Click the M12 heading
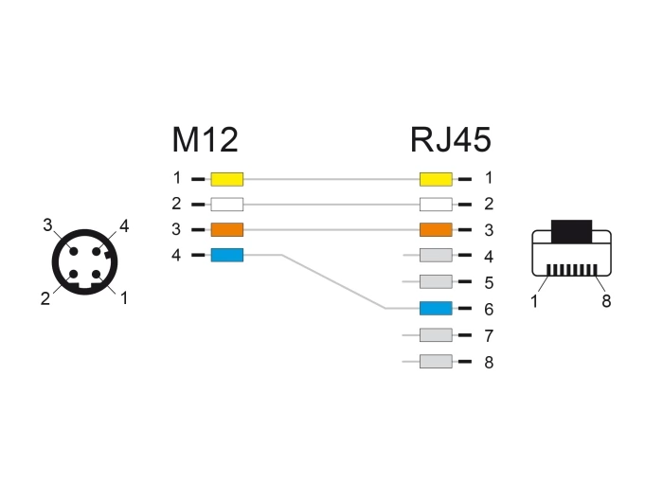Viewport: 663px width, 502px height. pyautogui.click(x=204, y=140)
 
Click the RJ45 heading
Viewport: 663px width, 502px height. pyautogui.click(x=450, y=140)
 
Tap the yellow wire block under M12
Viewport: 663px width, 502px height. pyautogui.click(x=227, y=177)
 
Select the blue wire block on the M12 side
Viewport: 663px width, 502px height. pyautogui.click(x=227, y=255)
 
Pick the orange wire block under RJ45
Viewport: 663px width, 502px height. pyautogui.click(x=435, y=229)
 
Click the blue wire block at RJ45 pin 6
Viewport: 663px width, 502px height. pyautogui.click(x=435, y=309)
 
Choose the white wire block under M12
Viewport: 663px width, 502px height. pyautogui.click(x=227, y=204)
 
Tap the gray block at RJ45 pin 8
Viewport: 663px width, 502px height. pyautogui.click(x=435, y=361)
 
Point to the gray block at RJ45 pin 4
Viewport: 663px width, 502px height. pyautogui.click(x=435, y=256)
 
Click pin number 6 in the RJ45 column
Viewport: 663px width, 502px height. pyautogui.click(x=488, y=310)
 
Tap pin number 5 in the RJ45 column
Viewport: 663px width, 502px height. pyautogui.click(x=488, y=283)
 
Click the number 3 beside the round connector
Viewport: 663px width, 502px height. pyautogui.click(x=46, y=224)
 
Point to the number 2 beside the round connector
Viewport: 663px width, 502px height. pyautogui.click(x=45, y=298)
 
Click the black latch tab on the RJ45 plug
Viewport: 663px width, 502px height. pyautogui.click(x=571, y=230)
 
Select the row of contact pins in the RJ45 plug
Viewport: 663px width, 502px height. pyautogui.click(x=571, y=269)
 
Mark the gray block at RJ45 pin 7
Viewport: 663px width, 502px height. pyautogui.click(x=435, y=335)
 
